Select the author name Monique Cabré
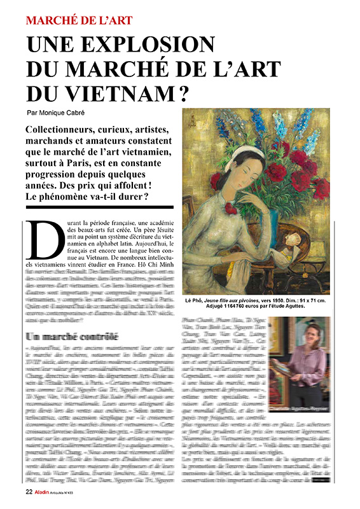click(73, 112)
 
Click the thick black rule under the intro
click(99, 206)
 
